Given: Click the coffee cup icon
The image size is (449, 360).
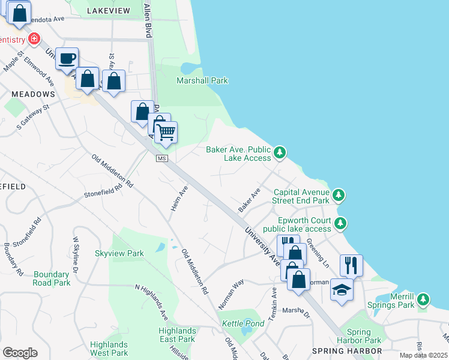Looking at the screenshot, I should tap(67, 59).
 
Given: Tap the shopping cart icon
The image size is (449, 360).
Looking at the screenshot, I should tap(166, 131).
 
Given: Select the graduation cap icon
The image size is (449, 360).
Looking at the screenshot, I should tap(342, 289).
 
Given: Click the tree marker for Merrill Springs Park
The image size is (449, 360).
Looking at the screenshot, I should tap(424, 299).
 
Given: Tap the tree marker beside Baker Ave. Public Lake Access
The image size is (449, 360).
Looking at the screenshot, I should tap(280, 154).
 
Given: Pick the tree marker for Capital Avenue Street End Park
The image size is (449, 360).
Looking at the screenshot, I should tap(339, 196).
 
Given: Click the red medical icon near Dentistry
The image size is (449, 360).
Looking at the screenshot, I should tap(35, 40).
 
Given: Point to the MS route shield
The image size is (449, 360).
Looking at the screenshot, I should tap(161, 158).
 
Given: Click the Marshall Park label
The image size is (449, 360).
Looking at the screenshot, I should tap(202, 80).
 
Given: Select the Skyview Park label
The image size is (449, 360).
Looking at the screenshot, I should tap(119, 253).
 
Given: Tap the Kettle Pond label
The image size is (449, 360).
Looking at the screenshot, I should tap(243, 323).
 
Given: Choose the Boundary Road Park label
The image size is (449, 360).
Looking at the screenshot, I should tap(52, 278).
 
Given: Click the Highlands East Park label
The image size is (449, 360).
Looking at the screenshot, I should tap(177, 335).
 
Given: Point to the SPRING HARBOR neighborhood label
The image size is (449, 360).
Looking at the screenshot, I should tap(347, 350).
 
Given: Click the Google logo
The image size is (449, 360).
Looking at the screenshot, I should tap(20, 353).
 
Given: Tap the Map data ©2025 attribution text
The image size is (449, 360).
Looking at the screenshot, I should tap(423, 355).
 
